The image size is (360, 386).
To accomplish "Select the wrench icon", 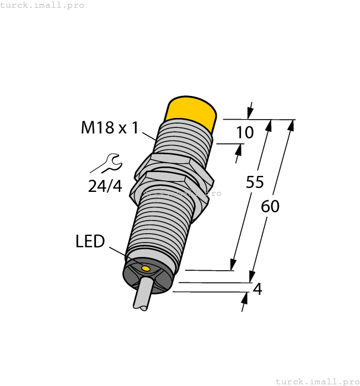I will pyautogui.click(x=106, y=163).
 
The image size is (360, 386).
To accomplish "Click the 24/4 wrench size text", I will pyautogui.click(x=105, y=186).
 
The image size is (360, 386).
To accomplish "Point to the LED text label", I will pyautogui.click(x=90, y=241).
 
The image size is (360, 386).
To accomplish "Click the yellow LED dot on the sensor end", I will pyautogui.click(x=146, y=269).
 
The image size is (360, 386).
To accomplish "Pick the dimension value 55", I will pyautogui.click(x=255, y=183).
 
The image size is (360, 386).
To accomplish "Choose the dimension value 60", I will pyautogui.click(x=270, y=206).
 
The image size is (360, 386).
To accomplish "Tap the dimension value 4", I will pyautogui.click(x=257, y=288).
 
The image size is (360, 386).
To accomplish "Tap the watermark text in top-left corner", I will pyautogui.click(x=42, y=5).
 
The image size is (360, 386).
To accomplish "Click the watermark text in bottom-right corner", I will pyautogui.click(x=317, y=381).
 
